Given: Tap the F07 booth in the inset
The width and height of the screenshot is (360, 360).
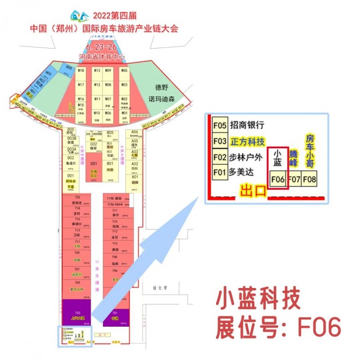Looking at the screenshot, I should click(295, 178).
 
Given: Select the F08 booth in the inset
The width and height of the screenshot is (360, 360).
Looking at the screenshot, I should click(310, 178).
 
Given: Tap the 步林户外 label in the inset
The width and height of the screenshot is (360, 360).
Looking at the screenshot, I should click(247, 158).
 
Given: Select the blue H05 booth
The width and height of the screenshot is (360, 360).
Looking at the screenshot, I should click(69, 68).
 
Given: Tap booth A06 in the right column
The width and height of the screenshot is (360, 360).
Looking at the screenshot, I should click(135, 133).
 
